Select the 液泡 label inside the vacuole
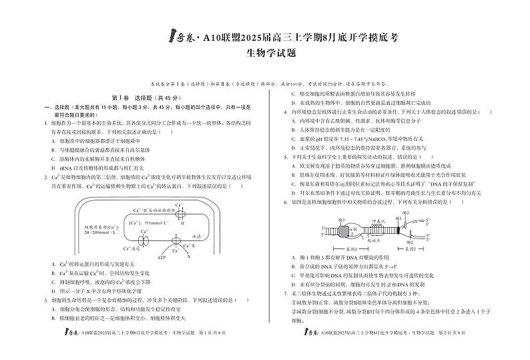point(177,236)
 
